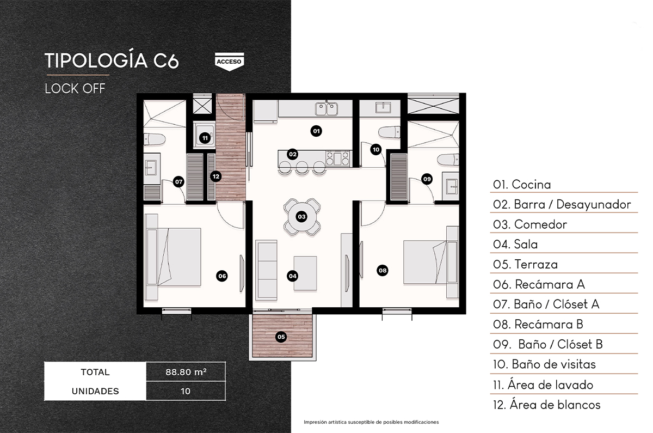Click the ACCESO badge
(230, 62)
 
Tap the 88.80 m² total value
(186, 371)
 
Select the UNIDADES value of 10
(186, 391)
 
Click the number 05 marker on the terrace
(281, 337)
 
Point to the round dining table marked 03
(301, 217)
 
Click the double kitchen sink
(326, 108)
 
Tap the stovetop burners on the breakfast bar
(337, 158)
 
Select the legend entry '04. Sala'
(515, 244)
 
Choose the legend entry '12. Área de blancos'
(546, 405)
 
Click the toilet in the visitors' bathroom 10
(389, 132)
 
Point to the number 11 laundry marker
(205, 138)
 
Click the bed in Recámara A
(174, 257)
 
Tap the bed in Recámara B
(430, 262)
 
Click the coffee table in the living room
(305, 273)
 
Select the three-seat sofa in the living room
(266, 270)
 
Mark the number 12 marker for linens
(215, 176)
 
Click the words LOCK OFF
(75, 89)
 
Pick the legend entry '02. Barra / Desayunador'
(562, 204)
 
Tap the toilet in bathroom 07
(155, 139)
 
